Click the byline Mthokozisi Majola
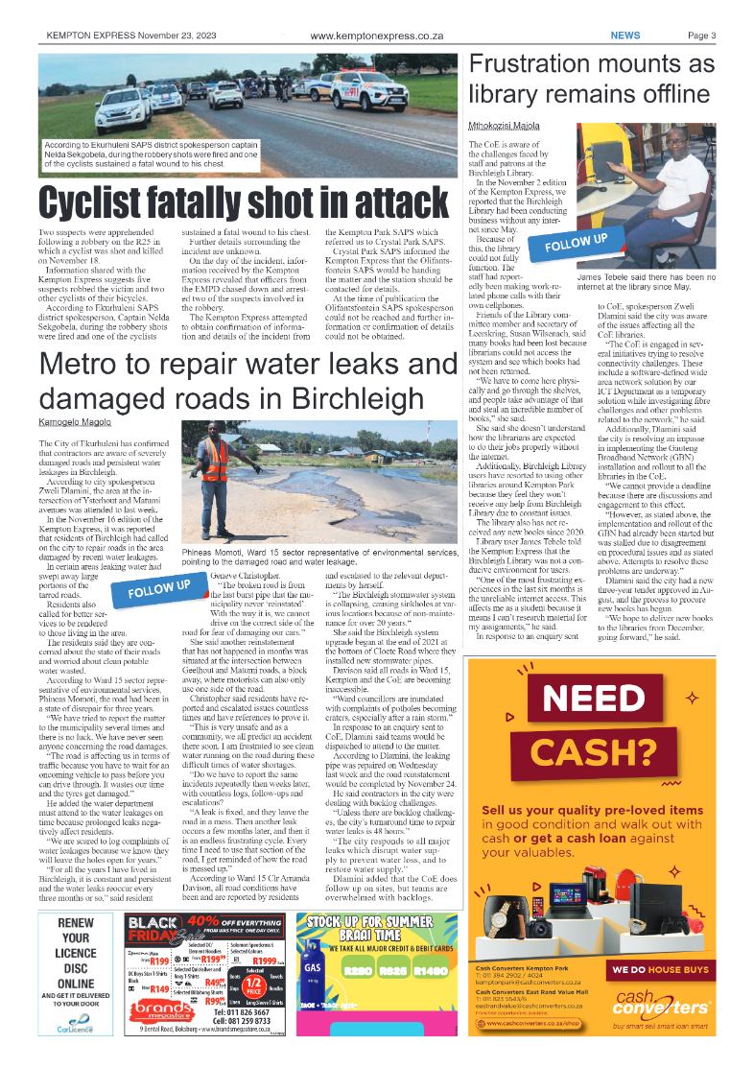click(x=504, y=126)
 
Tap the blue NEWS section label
click(x=625, y=36)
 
